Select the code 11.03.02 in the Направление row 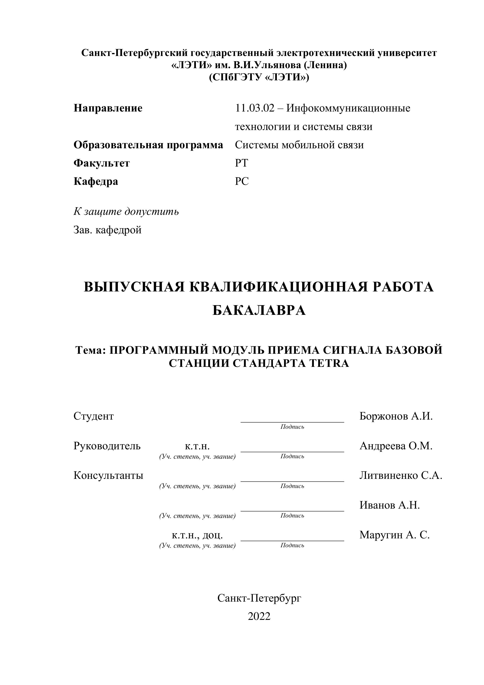coord(254,108)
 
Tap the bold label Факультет coord(102,163)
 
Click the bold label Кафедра coord(96,181)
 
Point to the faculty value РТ coord(241,163)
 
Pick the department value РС coord(242,181)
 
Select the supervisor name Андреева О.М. coord(396,446)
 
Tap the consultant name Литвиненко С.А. coord(400,475)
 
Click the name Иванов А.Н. coord(389,505)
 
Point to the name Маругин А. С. coord(394,535)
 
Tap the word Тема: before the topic coord(91,350)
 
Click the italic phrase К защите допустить coord(126,212)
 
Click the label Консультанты coord(108,475)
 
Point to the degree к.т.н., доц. coord(197,535)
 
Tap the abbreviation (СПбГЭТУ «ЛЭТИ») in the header coord(259,77)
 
